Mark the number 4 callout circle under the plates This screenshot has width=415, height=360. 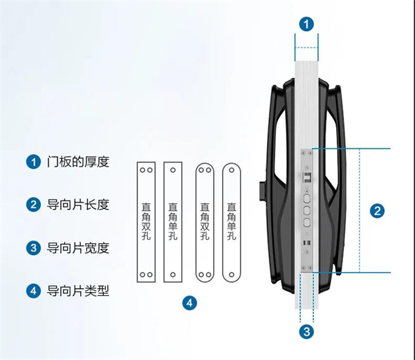tap(189, 303)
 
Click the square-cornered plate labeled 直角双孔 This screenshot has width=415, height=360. tap(146, 222)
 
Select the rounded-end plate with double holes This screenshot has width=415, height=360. tap(204, 222)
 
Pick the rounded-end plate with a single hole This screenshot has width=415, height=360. tap(232, 222)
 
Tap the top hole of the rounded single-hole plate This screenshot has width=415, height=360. tap(232, 169)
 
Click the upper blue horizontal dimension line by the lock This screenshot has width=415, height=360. tap(353, 148)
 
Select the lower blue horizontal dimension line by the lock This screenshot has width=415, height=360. tap(353, 272)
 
